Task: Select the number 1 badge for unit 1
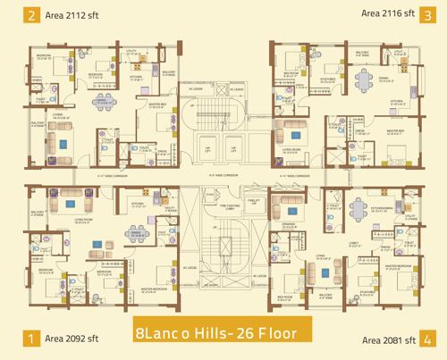pos(32,339)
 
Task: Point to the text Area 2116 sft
pos(388,14)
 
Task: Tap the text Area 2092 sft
pos(75,339)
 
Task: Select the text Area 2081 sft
pos(388,339)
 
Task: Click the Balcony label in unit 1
pos(37,213)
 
